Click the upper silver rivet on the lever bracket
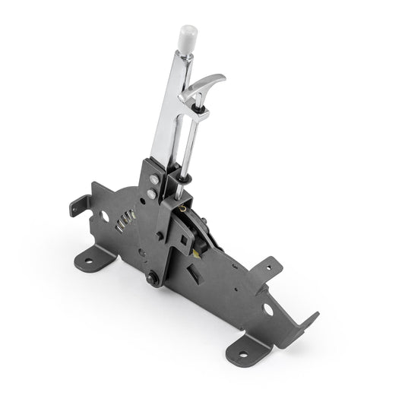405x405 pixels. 154,179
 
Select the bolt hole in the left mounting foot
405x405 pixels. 89,263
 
